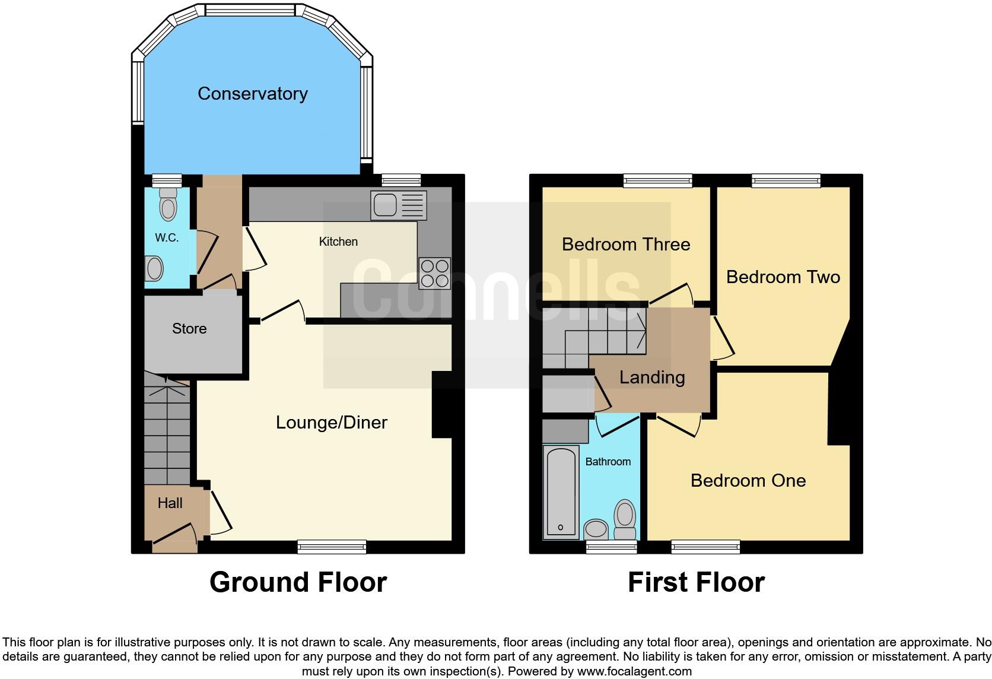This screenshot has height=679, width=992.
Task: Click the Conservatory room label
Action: click(252, 94)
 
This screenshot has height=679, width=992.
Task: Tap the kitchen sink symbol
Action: click(398, 205)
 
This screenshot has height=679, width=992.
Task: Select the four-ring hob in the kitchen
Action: click(434, 274)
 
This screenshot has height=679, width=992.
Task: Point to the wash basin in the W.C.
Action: click(154, 269)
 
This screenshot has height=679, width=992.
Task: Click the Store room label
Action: click(189, 329)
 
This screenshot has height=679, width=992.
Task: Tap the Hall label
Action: click(170, 503)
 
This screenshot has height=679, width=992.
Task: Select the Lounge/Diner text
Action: click(331, 423)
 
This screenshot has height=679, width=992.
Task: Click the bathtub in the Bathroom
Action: click(561, 491)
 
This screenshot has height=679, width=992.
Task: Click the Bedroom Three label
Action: click(625, 245)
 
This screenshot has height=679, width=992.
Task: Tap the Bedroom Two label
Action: click(783, 277)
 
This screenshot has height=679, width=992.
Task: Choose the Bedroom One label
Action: click(748, 481)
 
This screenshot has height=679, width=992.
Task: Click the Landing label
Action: click(651, 377)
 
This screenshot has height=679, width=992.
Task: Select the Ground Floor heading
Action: click(298, 582)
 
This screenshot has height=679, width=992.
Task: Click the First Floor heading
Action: click(696, 582)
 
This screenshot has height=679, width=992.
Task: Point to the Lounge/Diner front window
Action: click(332, 547)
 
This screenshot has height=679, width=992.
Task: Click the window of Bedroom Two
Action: click(786, 180)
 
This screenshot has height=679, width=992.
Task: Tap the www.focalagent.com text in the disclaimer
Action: click(634, 672)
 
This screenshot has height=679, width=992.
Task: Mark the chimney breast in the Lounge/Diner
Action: click(442, 405)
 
